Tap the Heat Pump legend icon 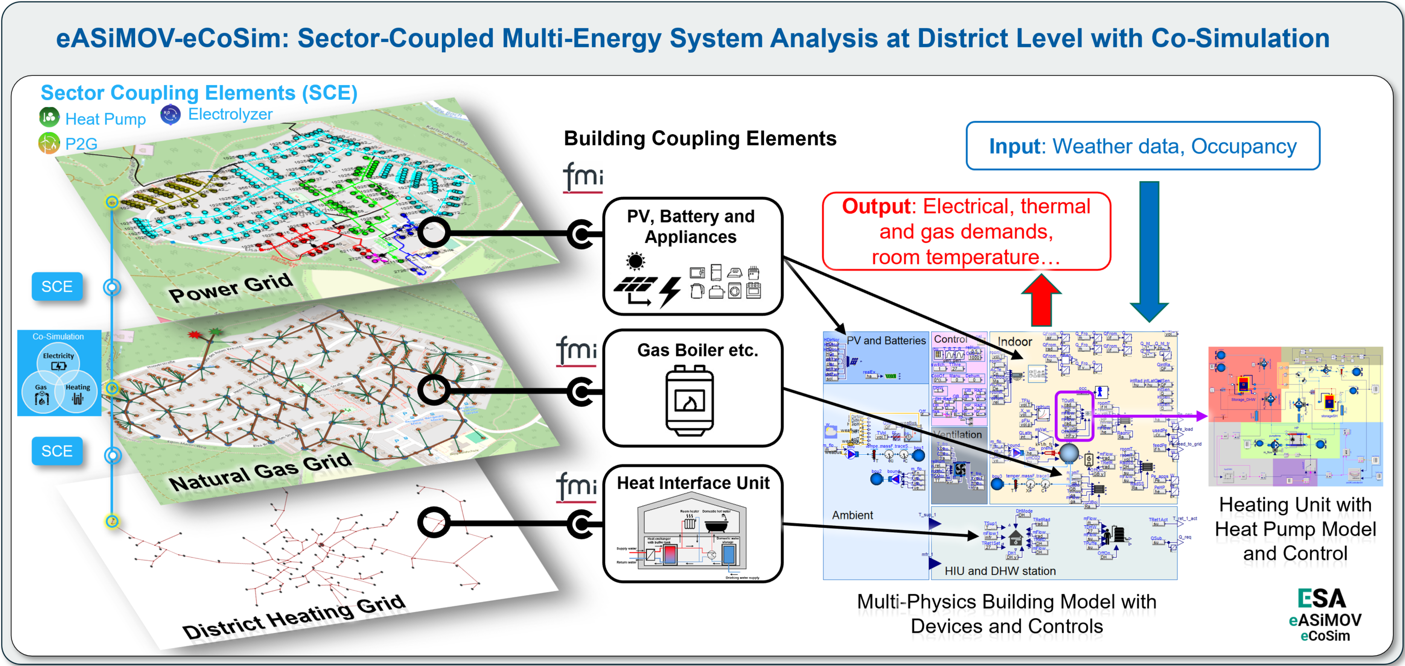click(x=49, y=117)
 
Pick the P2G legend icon click(x=49, y=143)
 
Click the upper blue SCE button click(x=57, y=287)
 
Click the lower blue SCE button click(x=57, y=451)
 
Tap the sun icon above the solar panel click(x=635, y=261)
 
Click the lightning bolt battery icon click(x=670, y=291)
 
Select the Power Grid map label click(x=230, y=287)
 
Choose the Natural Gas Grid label click(x=260, y=472)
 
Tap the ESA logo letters click(x=1321, y=598)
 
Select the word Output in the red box click(x=875, y=206)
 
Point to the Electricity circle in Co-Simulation click(x=58, y=361)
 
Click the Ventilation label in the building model click(x=958, y=434)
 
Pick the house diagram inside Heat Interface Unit click(x=692, y=537)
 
